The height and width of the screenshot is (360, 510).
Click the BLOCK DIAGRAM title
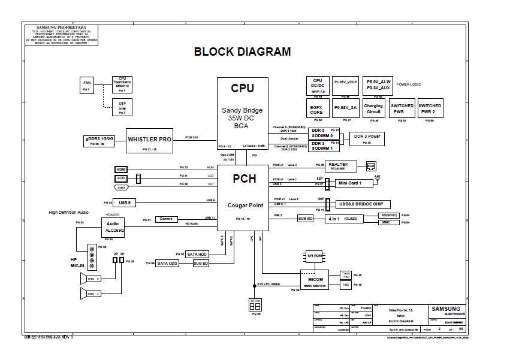[x=242, y=52]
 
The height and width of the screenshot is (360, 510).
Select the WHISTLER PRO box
[x=150, y=140]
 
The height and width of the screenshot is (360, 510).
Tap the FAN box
[x=87, y=85]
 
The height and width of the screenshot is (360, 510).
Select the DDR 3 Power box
[x=369, y=138]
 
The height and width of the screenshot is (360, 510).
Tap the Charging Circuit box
[x=373, y=109]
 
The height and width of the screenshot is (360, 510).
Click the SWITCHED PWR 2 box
[x=430, y=109]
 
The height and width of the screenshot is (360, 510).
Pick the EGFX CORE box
[x=316, y=109]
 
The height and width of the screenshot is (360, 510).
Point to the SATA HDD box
[x=197, y=254]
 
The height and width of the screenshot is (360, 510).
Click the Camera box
[x=166, y=219]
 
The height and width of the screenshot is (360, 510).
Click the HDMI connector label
[x=122, y=170]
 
